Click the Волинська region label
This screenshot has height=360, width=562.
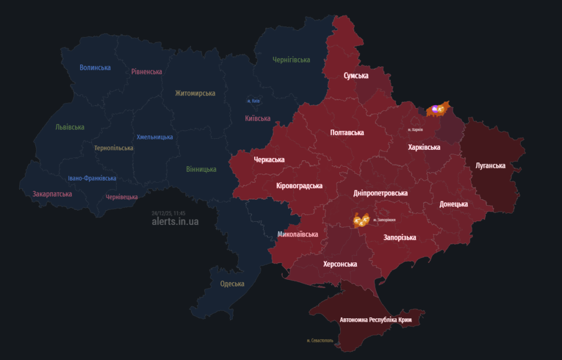(95, 67)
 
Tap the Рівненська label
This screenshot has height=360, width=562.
(147, 71)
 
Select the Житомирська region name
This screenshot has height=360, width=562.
(195, 93)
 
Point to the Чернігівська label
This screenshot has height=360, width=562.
(291, 60)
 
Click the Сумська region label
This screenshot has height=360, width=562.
(356, 75)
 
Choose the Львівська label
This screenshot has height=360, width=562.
(70, 127)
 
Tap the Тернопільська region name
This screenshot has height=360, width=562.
(114, 148)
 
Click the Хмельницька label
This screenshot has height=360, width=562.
(155, 137)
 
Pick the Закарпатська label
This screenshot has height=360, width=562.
(52, 194)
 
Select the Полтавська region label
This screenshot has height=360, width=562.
(347, 132)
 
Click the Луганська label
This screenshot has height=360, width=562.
(490, 165)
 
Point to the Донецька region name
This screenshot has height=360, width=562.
(453, 204)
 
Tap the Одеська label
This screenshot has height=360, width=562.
(232, 284)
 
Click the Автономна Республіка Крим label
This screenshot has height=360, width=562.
(375, 319)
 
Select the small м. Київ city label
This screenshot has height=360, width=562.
(253, 102)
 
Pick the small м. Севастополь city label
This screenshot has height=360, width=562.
(320, 341)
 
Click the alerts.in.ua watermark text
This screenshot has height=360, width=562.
(175, 222)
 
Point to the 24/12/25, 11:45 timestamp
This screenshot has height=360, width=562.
(168, 213)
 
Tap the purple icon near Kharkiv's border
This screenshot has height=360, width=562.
(435, 110)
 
